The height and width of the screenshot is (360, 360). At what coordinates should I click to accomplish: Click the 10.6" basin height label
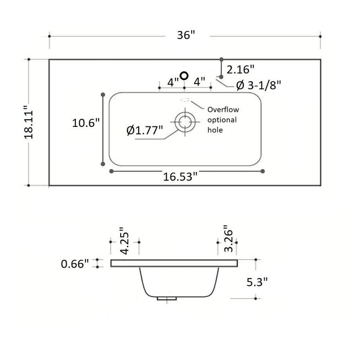click(x=85, y=123)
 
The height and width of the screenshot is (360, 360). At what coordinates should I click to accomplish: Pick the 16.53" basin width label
click(x=180, y=177)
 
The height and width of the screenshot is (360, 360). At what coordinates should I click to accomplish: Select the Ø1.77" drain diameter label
click(x=144, y=130)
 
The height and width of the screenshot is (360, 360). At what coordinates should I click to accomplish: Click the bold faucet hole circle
click(x=184, y=76)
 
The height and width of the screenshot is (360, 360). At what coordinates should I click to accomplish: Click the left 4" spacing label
click(x=173, y=82)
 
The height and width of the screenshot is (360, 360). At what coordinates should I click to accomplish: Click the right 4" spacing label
click(x=199, y=82)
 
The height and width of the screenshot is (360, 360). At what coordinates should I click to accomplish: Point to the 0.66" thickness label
click(x=75, y=264)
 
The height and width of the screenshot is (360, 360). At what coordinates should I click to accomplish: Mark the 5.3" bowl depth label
click(x=258, y=282)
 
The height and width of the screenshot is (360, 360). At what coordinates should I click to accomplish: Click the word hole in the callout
click(x=215, y=130)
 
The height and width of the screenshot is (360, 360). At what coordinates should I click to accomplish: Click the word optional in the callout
click(x=221, y=120)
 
